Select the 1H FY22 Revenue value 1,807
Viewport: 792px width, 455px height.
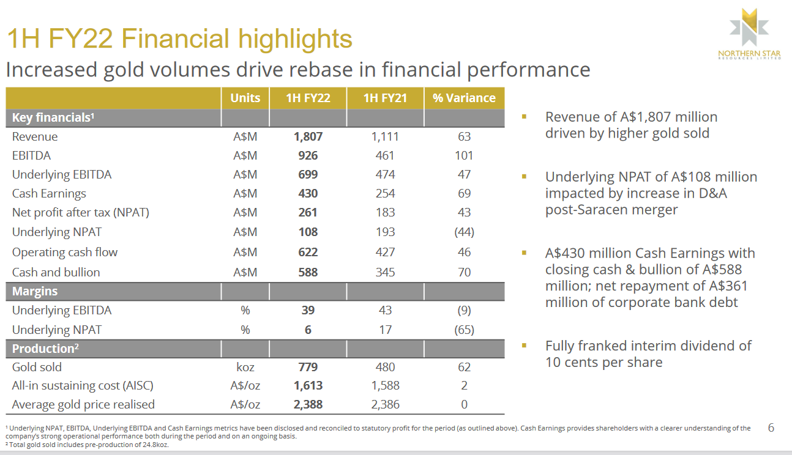tap(308, 137)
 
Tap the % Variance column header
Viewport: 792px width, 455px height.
tap(464, 98)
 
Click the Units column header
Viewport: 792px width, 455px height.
tap(245, 98)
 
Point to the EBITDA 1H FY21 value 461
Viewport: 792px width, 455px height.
tap(385, 156)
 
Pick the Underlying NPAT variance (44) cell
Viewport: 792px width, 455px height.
tap(464, 232)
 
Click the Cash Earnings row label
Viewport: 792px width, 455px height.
tap(49, 194)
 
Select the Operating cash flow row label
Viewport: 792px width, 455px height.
tap(64, 252)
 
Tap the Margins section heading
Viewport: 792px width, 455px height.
tap(35, 292)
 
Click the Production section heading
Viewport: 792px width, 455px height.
tap(43, 349)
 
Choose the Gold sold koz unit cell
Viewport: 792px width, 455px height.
tap(245, 368)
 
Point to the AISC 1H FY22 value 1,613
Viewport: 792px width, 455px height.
tap(308, 386)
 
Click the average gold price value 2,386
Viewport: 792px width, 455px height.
tap(385, 405)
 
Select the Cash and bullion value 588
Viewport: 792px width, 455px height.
tap(308, 272)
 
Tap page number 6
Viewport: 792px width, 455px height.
tap(771, 428)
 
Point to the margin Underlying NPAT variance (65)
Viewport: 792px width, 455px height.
tap(464, 330)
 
